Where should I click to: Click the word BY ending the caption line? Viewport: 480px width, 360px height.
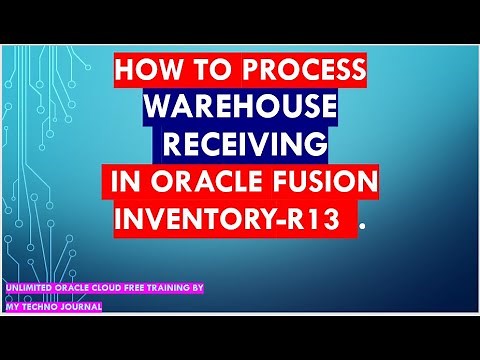coord(198,288)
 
